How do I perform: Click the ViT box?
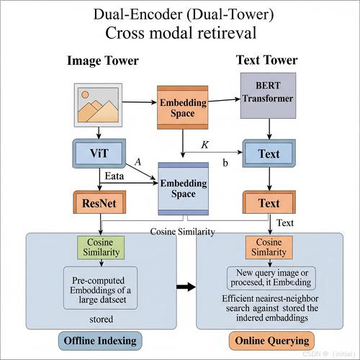[99, 153]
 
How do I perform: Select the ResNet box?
[99, 202]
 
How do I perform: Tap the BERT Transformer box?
[268, 96]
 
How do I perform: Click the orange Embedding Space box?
[183, 107]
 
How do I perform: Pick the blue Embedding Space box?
[184, 189]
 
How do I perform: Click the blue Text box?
[269, 153]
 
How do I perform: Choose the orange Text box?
[269, 202]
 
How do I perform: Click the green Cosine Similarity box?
[101, 247]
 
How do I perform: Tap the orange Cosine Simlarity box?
[269, 247]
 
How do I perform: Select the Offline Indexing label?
[100, 341]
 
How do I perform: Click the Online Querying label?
[271, 341]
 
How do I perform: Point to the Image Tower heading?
[103, 60]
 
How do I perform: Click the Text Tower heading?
[267, 60]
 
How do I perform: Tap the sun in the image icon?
[85, 94]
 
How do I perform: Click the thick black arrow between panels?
[186, 287]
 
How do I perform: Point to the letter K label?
[205, 145]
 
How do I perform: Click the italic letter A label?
[138, 162]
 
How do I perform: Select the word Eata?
[114, 176]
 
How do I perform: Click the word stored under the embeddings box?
[101, 319]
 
